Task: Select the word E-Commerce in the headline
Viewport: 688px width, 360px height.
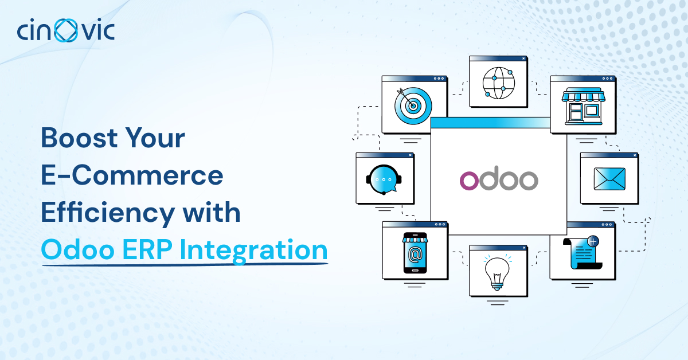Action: pyautogui.click(x=132, y=176)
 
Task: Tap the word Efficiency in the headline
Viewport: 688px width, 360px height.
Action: pyautogui.click(x=107, y=213)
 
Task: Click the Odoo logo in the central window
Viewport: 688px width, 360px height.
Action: pyautogui.click(x=498, y=179)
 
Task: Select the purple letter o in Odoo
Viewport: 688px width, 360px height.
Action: pyautogui.click(x=470, y=180)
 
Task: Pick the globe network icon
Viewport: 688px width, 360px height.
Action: pyautogui.click(x=498, y=83)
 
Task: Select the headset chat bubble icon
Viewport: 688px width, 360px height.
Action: pyautogui.click(x=384, y=179)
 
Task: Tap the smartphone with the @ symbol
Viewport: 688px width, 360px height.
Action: pyautogui.click(x=416, y=252)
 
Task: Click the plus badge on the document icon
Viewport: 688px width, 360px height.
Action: pyautogui.click(x=593, y=242)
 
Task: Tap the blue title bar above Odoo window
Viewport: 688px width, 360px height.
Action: pyautogui.click(x=490, y=122)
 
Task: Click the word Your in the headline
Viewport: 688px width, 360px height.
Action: pyautogui.click(x=156, y=139)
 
